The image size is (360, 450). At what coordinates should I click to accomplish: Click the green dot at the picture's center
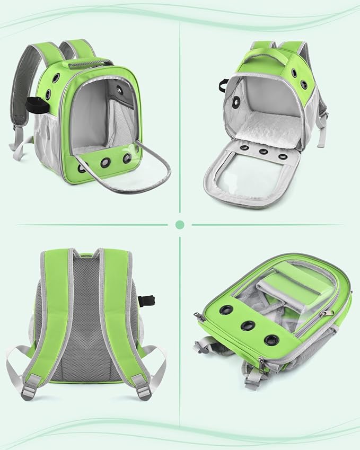tap(180, 225)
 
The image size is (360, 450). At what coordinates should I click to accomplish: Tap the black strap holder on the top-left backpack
tap(33, 105)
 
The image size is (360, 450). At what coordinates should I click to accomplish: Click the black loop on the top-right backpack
tap(223, 84)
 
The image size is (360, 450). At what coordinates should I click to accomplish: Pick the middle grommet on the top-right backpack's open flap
tap(263, 151)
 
